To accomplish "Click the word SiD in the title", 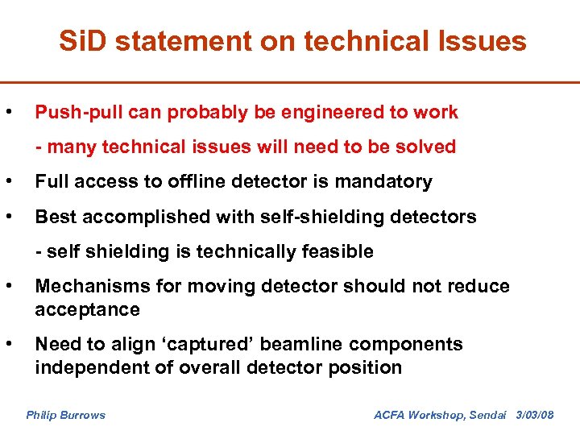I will pyautogui.click(x=84, y=41).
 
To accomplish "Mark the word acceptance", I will pyautogui.click(x=87, y=309).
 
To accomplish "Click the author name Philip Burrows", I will pyautogui.click(x=65, y=415).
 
